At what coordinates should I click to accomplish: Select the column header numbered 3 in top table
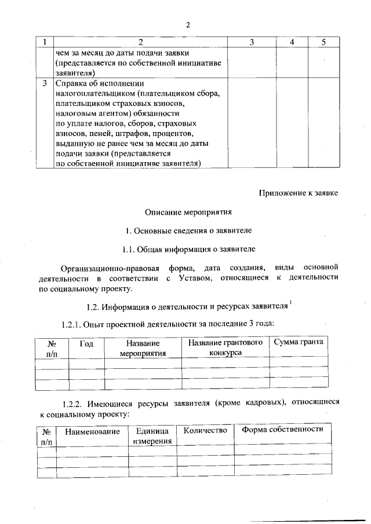pos(251,42)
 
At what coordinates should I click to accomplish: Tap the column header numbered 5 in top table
pos(323,42)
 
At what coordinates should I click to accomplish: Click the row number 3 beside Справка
pos(45,83)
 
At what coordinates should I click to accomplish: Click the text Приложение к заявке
pos(297,193)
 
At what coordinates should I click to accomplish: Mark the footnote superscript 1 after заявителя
pos(290,301)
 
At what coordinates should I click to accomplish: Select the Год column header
pos(86,343)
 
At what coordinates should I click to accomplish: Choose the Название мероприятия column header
pos(143,348)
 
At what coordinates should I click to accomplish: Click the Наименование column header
pos(92,431)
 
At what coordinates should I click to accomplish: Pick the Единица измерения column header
pos(152,436)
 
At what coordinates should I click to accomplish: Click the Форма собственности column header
pos(282,430)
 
